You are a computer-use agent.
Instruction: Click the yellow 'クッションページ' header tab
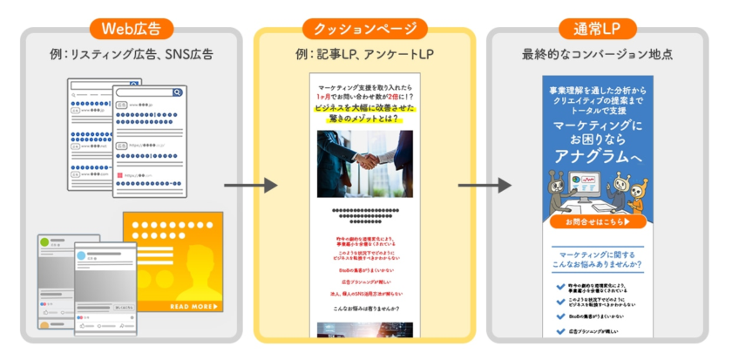tap(364, 29)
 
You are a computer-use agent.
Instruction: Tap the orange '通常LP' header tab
tap(598, 29)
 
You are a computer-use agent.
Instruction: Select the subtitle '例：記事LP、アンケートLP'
tap(364, 56)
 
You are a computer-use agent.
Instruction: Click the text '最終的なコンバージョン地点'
tap(598, 56)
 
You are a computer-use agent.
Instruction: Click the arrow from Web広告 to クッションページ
tap(250, 186)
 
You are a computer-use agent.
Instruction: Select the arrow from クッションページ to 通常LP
tap(484, 186)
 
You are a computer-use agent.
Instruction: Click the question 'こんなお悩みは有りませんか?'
tap(364, 309)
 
